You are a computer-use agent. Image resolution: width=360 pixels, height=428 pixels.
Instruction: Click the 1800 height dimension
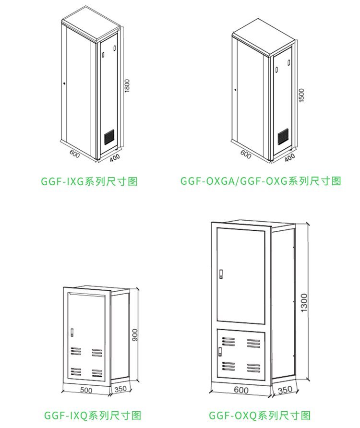click(x=128, y=86)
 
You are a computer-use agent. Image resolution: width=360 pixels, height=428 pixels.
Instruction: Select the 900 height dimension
click(x=135, y=335)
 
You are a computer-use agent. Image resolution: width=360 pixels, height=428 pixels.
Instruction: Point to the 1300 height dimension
click(x=304, y=303)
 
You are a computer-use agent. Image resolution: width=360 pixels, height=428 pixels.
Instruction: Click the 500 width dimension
click(x=86, y=390)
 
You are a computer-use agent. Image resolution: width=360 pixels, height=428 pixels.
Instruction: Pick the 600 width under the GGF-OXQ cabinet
click(x=241, y=391)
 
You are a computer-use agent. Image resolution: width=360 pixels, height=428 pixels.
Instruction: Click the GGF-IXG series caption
click(x=90, y=181)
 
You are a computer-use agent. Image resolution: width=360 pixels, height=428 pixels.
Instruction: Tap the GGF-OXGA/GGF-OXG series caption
click(x=261, y=181)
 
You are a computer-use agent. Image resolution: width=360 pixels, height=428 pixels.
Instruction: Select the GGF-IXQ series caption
click(x=93, y=415)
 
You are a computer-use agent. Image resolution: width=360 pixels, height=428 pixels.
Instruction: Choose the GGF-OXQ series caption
click(x=260, y=415)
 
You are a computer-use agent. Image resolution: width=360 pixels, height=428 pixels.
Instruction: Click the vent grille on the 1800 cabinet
click(x=110, y=137)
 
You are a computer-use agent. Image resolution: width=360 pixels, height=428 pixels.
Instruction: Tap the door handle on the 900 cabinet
click(x=72, y=332)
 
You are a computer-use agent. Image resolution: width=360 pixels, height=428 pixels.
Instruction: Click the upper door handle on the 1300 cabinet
click(x=221, y=274)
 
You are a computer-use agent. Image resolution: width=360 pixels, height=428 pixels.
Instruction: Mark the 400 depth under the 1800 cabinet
click(x=115, y=157)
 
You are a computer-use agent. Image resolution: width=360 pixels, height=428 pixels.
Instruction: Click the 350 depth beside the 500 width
click(x=120, y=389)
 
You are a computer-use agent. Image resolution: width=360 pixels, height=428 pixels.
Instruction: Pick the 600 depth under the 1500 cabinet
click(x=246, y=155)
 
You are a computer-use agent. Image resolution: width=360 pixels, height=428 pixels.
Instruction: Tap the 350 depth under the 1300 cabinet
click(x=285, y=391)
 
